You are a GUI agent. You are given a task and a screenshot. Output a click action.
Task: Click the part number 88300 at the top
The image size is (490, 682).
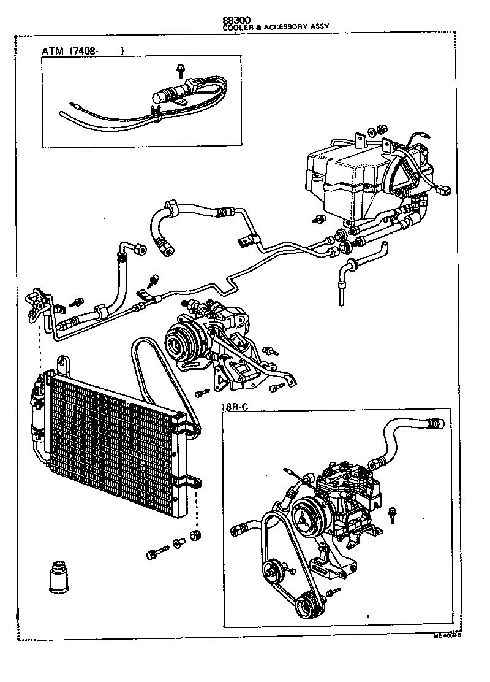(x=238, y=19)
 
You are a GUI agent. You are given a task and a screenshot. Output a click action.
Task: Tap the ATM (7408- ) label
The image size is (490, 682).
(x=83, y=51)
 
